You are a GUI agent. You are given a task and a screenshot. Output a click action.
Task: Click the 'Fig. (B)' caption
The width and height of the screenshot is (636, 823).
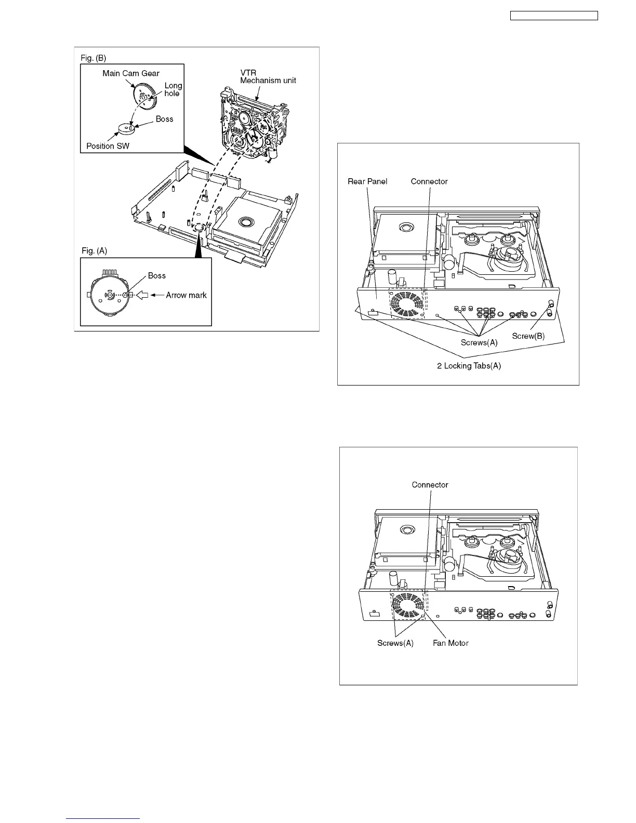point(94,58)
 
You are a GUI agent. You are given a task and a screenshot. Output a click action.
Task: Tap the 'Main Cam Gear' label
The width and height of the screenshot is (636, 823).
point(131,73)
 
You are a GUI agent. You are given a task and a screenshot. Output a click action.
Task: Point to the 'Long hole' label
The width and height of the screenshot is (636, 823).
point(173,89)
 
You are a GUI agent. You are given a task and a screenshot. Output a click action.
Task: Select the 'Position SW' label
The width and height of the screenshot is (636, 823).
point(108,146)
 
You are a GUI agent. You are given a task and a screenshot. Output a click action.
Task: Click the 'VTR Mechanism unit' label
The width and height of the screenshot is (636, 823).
point(268,76)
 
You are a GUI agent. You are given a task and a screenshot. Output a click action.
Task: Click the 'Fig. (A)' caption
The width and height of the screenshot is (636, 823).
point(94,250)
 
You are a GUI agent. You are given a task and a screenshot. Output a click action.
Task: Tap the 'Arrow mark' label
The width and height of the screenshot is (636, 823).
point(186,295)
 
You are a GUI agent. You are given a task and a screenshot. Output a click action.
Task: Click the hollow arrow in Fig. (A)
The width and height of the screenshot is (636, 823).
point(142,295)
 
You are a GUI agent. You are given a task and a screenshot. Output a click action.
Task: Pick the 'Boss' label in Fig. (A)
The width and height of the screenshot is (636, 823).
point(156,275)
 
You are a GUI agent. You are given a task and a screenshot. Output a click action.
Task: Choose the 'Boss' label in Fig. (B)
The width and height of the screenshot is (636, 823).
point(164,119)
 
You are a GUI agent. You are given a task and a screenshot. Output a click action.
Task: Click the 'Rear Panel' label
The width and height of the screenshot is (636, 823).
point(367,181)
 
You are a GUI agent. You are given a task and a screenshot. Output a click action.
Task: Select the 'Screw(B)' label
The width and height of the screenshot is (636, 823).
point(528,336)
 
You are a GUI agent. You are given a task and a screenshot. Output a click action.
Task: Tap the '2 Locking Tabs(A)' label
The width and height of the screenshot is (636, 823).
point(469,366)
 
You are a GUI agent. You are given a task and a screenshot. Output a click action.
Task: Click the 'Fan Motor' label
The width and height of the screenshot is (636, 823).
point(451,643)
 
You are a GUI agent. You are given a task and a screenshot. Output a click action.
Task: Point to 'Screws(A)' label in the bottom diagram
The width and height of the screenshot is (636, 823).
point(395,643)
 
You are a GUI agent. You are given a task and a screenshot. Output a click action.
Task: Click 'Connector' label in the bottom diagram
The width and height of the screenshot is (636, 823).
point(430,485)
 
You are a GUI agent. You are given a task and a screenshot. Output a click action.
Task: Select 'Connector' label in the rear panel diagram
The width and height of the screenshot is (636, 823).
point(429,181)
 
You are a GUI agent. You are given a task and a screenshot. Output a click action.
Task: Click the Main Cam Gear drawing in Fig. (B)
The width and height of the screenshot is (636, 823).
point(143,95)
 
